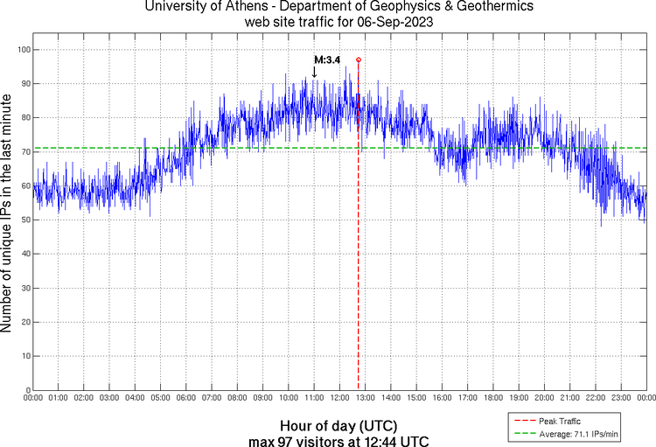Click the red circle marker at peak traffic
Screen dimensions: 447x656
(359, 59)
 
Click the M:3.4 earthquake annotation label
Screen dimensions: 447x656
(327, 59)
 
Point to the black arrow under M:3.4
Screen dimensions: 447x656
(315, 72)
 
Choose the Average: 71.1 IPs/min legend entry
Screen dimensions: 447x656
(579, 432)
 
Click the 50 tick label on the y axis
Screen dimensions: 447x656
(24, 220)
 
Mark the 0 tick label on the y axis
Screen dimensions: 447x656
(26, 390)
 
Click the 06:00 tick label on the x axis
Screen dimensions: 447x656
(186, 398)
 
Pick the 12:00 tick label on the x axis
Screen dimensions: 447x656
(339, 398)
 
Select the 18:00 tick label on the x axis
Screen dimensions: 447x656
(493, 398)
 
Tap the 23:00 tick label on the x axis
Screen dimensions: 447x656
(621, 398)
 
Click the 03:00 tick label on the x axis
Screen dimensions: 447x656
(109, 398)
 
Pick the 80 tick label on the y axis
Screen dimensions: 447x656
(24, 118)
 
